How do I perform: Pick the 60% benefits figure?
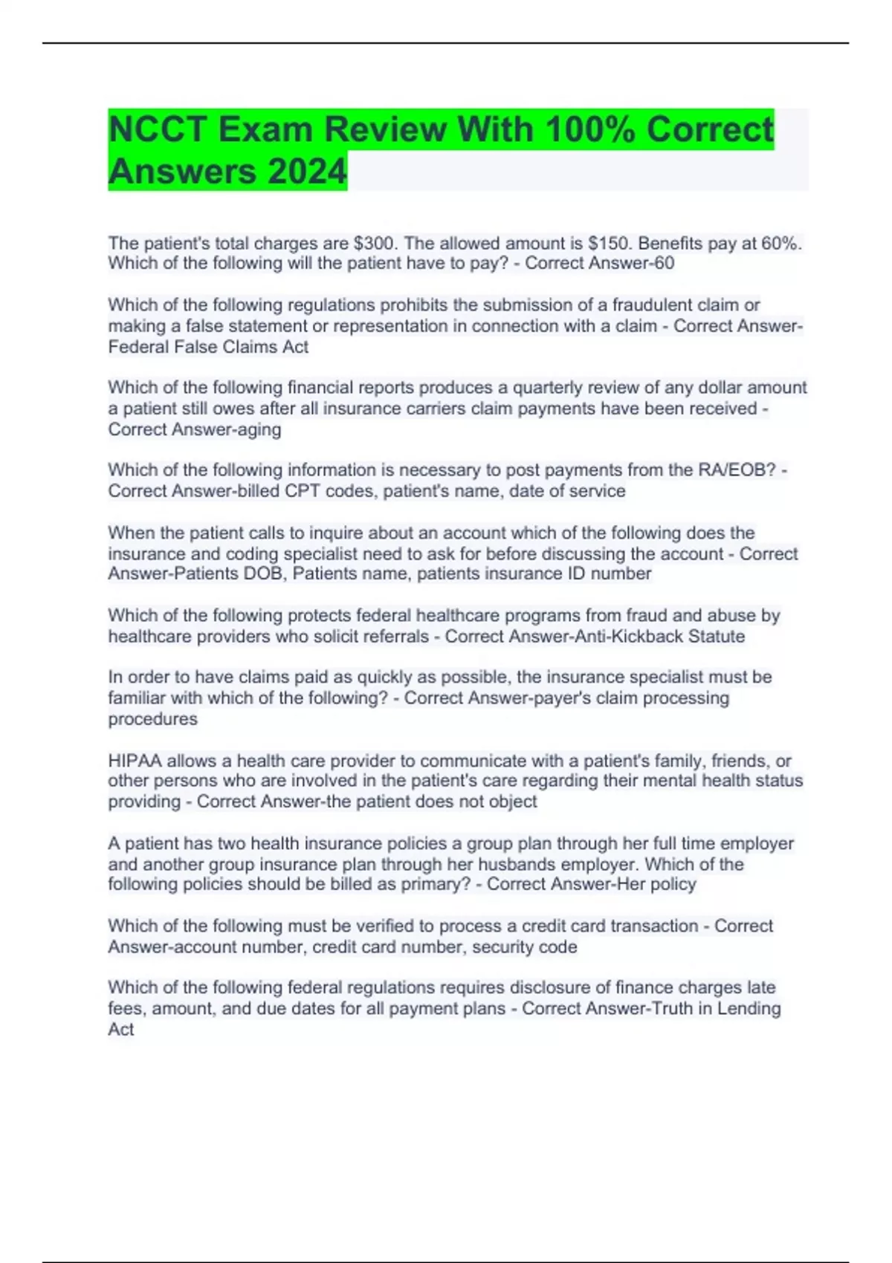(780, 243)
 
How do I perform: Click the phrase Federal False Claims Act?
(208, 347)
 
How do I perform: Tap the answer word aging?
(259, 429)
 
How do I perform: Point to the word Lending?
(749, 1008)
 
